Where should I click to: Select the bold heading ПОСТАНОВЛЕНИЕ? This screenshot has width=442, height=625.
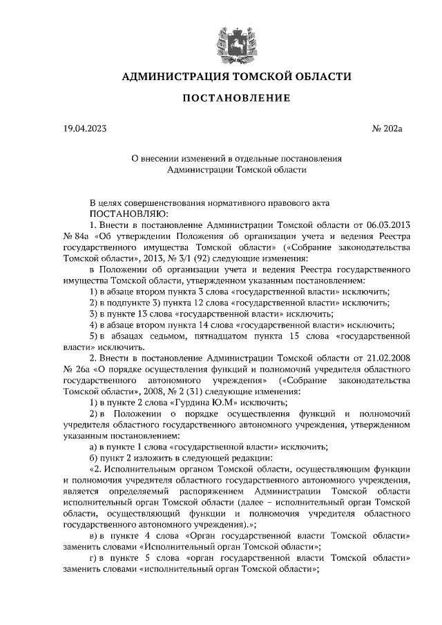tap(236, 99)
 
